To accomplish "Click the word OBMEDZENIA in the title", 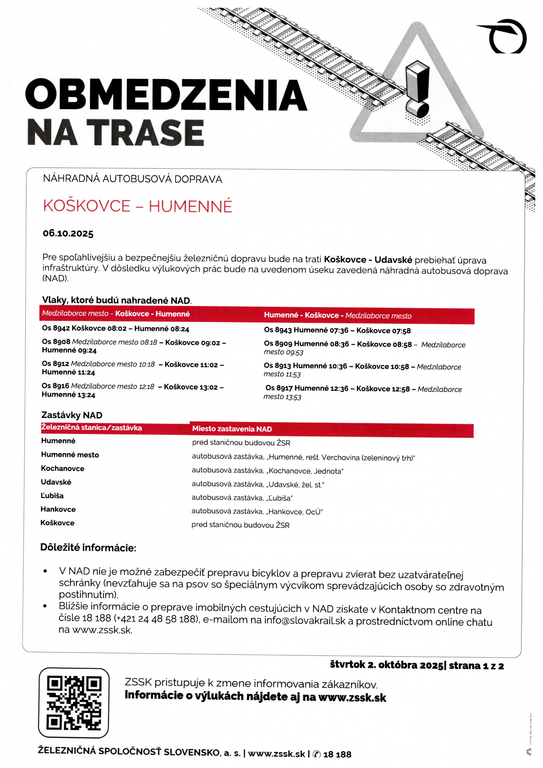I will [166, 95].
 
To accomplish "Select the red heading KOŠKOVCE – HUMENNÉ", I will [137, 206].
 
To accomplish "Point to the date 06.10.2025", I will [68, 233].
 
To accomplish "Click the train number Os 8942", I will [56, 328].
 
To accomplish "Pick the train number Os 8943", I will [278, 330].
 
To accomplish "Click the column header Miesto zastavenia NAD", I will [232, 429].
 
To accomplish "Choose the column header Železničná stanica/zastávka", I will [91, 428].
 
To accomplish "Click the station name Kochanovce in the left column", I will [63, 469].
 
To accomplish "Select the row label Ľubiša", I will [52, 496].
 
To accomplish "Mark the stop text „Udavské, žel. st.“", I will [295, 485].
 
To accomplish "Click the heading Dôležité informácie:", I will [88, 548].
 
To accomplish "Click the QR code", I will [74, 703].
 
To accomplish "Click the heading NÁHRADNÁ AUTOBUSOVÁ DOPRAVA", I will [132, 179].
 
